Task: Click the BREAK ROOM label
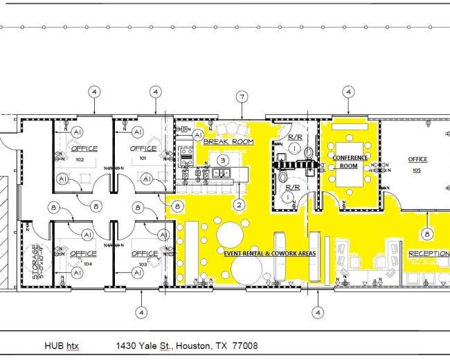tap(228, 141)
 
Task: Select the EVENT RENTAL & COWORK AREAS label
tap(269, 254)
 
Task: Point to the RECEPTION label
tap(428, 254)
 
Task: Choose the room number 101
tap(144, 159)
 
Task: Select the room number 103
tap(144, 264)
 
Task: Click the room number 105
tap(417, 170)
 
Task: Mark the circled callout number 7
tap(242, 96)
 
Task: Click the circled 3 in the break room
tap(223, 160)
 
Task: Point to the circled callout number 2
tap(239, 204)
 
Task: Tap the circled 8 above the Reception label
tap(427, 234)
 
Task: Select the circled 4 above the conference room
tap(349, 91)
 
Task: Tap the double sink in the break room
tap(223, 173)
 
